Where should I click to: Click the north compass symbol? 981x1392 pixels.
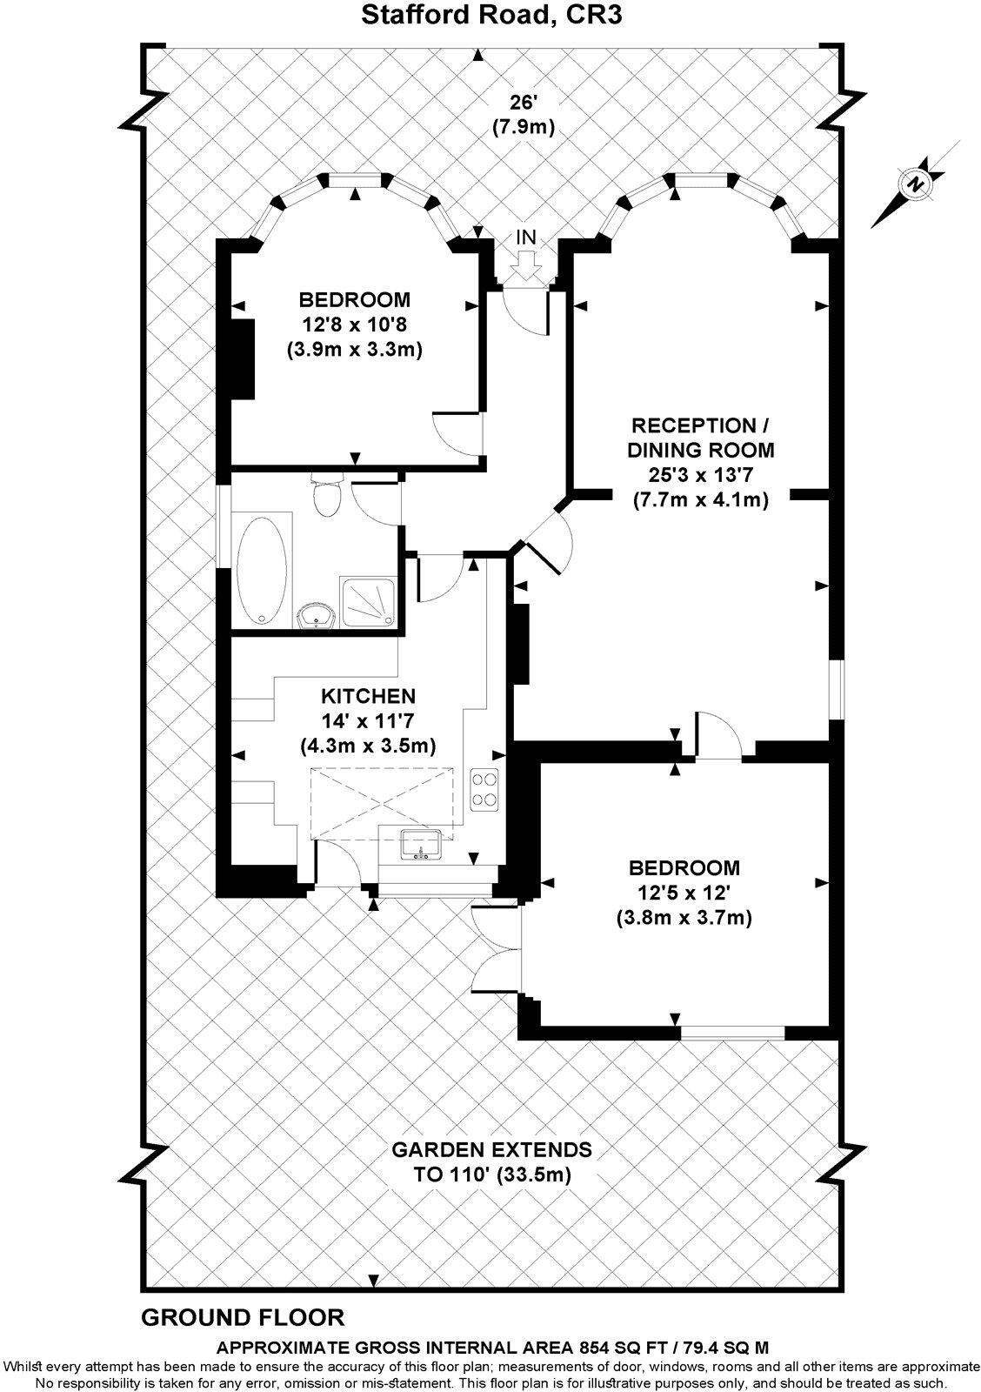913,184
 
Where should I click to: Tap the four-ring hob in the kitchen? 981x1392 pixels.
484,790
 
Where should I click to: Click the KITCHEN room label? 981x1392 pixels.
368,696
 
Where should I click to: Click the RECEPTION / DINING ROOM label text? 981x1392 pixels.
700,438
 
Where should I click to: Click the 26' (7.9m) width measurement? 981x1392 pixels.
523,114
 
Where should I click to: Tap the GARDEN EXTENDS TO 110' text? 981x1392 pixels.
491,1161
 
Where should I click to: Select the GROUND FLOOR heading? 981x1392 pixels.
243,1317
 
